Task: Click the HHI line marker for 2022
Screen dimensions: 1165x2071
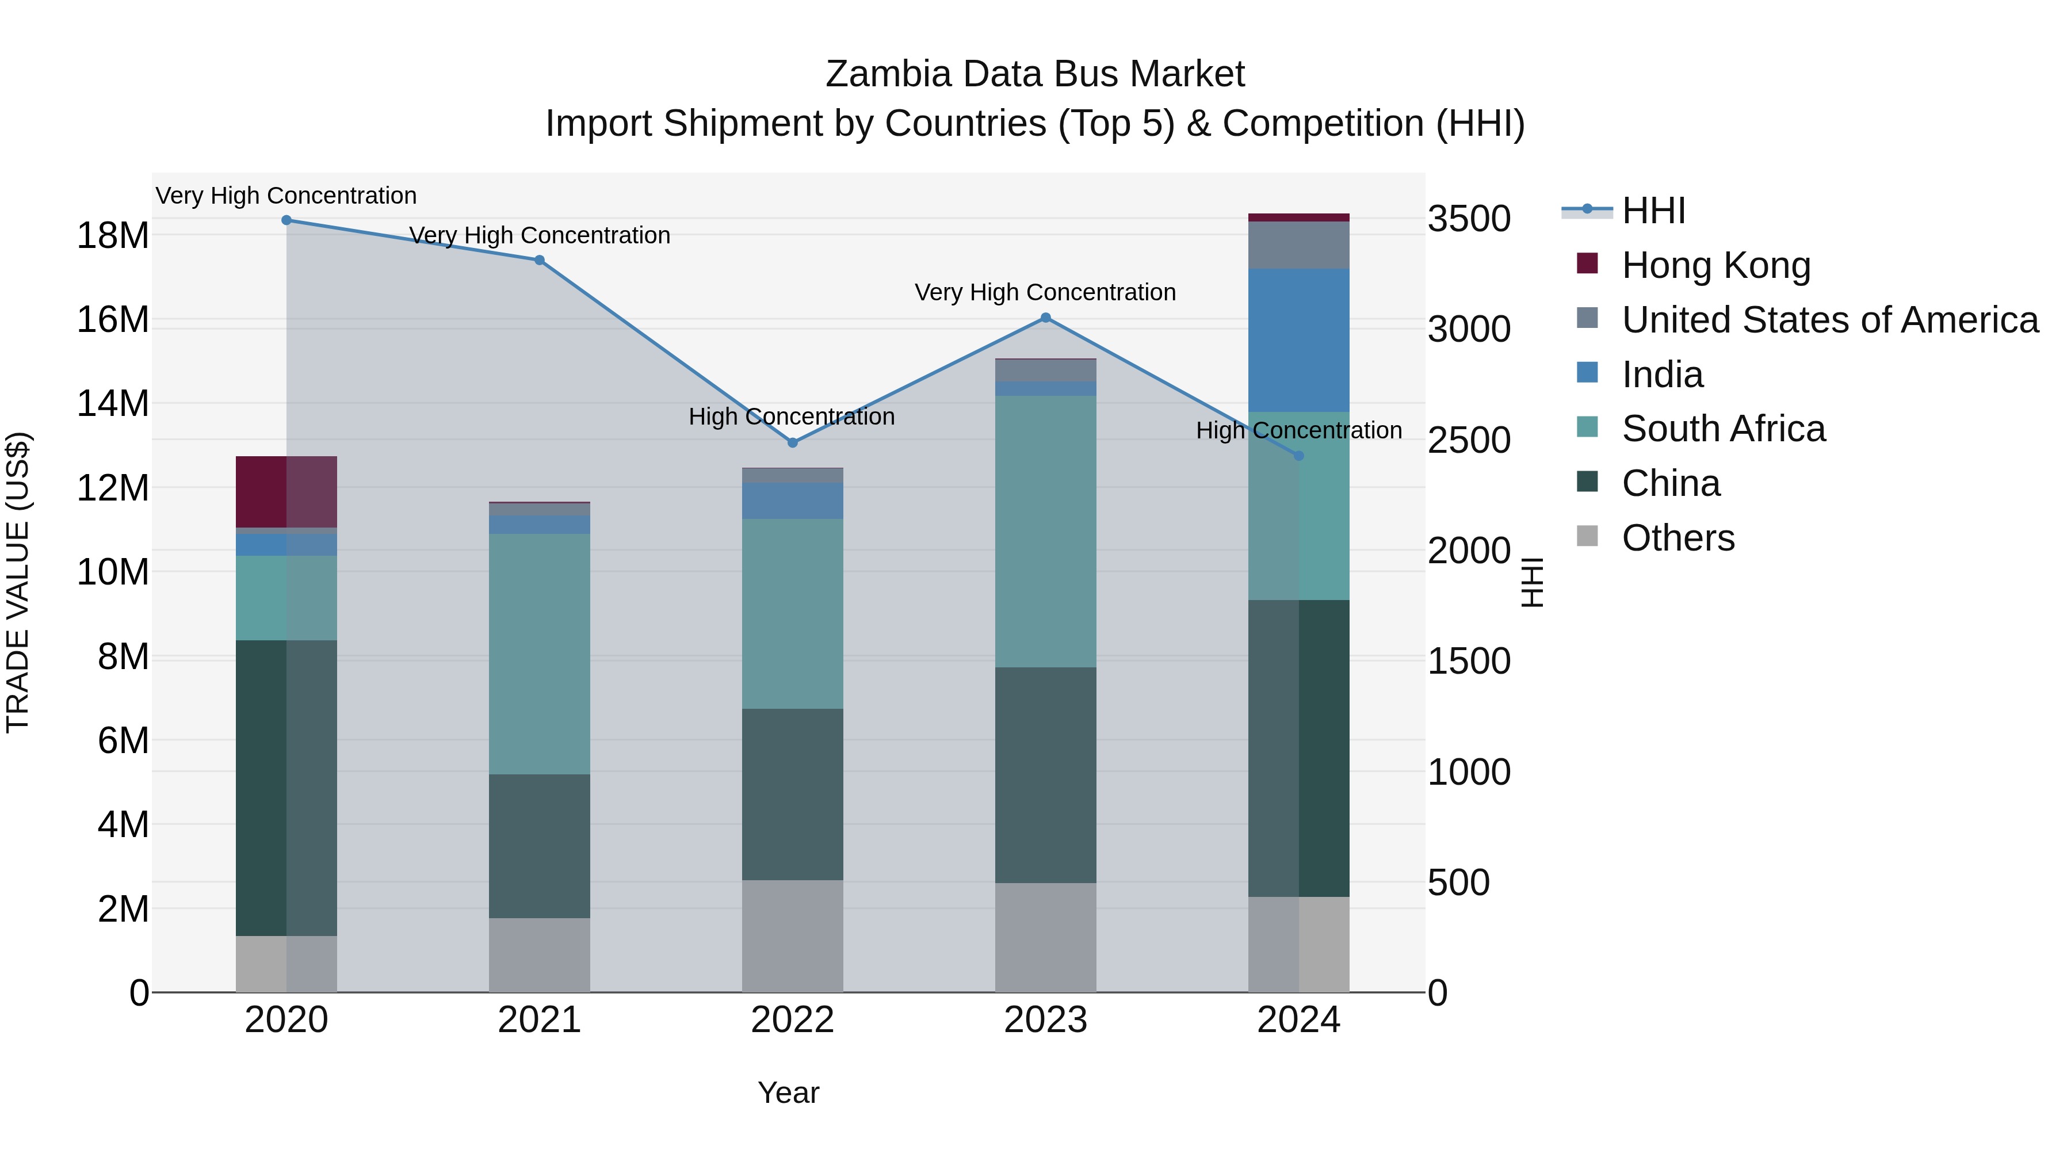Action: [x=792, y=442]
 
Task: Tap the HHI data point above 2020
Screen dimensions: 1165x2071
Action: [x=286, y=220]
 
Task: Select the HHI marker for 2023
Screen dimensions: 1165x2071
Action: [x=1045, y=318]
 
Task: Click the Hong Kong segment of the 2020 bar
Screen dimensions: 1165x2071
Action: [x=286, y=492]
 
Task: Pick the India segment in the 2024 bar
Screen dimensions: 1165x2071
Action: [x=1298, y=341]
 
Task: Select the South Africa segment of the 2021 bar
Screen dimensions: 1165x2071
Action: [x=540, y=654]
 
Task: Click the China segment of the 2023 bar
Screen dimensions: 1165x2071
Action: [x=1045, y=775]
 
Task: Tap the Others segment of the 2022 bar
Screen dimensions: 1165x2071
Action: [x=792, y=936]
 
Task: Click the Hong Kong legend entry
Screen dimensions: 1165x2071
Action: [x=1715, y=265]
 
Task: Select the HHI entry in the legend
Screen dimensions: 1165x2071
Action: [x=1653, y=211]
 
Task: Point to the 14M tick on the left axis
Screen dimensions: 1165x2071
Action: [x=113, y=404]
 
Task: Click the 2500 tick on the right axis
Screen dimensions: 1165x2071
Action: [x=1469, y=441]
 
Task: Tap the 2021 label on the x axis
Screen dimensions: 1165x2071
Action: [x=540, y=1020]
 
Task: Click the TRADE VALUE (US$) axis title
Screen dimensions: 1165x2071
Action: [x=18, y=582]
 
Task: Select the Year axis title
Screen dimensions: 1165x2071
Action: [x=788, y=1093]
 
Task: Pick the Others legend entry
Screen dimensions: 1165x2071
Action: [x=1678, y=538]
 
